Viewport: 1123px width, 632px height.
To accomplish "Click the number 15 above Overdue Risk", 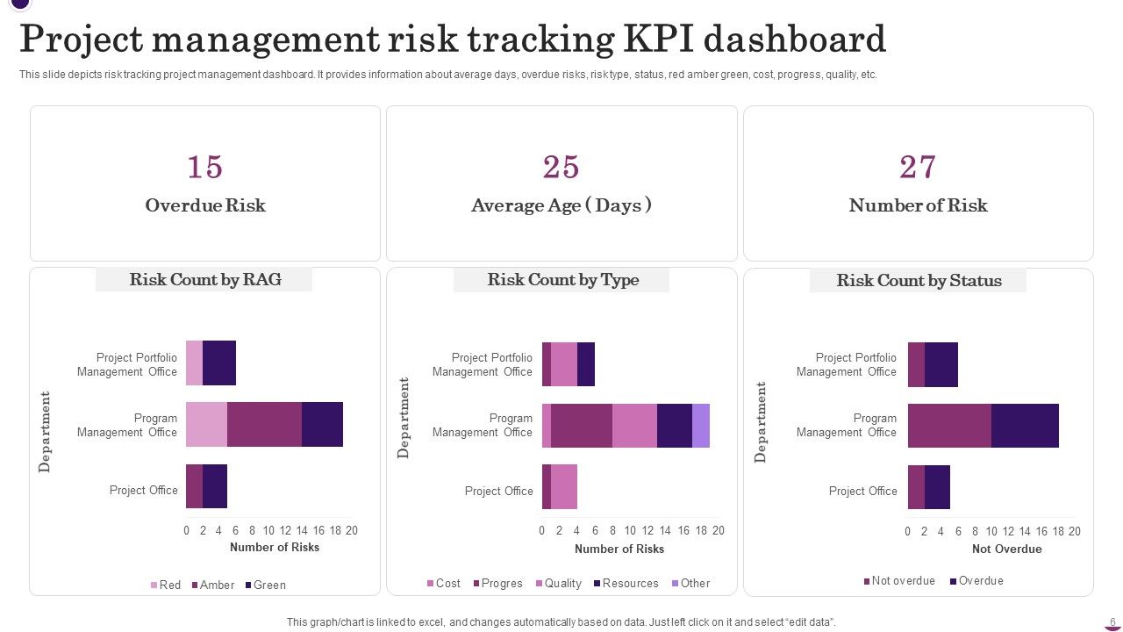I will tap(204, 167).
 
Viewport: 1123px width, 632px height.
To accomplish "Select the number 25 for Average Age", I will tap(561, 167).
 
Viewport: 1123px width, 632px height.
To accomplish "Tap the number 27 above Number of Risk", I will tap(918, 167).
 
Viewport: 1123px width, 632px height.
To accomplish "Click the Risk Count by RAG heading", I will tap(204, 280).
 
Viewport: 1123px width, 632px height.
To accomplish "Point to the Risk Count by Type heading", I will tap(562, 280).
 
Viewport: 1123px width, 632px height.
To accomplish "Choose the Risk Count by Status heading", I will tap(918, 281).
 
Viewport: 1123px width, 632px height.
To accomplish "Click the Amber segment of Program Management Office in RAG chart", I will tap(264, 425).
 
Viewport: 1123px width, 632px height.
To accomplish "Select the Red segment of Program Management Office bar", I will tap(206, 425).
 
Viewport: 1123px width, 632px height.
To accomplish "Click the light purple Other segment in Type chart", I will tap(700, 426).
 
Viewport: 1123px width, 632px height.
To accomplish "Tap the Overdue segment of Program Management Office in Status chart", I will tap(1025, 426).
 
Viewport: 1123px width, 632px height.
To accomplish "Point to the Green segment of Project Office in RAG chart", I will tap(215, 486).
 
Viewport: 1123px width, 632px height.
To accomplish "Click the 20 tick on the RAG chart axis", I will tap(351, 531).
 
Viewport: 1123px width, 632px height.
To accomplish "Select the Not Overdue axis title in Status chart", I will tap(1006, 549).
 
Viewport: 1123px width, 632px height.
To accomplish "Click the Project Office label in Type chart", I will tap(498, 492).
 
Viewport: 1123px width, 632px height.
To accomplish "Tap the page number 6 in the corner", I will tap(1112, 621).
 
